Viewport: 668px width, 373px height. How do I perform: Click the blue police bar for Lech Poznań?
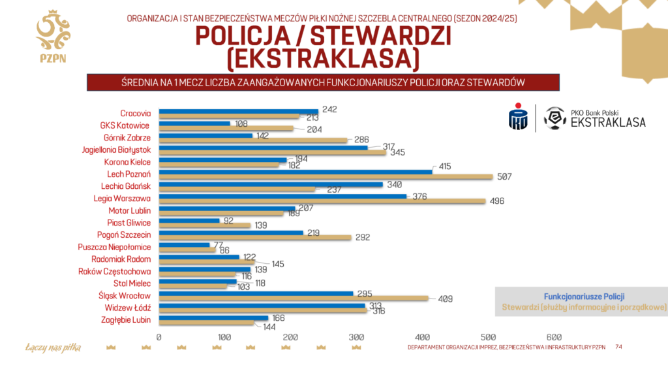pos(295,172)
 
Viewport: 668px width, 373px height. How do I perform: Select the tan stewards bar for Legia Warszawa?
pos(322,201)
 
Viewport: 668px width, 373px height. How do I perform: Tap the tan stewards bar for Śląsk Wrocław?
pos(294,298)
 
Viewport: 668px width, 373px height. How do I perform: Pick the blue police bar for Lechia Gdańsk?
pos(271,184)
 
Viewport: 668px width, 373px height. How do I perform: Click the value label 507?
pos(505,177)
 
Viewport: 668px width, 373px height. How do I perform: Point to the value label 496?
pos(498,201)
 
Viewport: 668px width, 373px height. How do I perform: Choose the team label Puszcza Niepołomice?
pos(123,247)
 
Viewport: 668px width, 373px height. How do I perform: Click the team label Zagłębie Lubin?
pos(128,319)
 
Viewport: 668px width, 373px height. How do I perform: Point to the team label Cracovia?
pos(136,113)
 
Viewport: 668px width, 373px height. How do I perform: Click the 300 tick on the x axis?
pos(356,337)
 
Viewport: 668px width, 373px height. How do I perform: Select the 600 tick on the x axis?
pos(554,337)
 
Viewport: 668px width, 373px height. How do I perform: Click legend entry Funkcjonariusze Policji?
pos(580,296)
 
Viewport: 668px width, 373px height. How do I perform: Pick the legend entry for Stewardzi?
pos(583,306)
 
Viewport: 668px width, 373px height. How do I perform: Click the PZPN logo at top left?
pos(53,37)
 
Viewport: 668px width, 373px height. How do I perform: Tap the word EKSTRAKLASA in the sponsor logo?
pos(608,122)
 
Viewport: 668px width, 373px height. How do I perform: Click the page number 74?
pos(618,346)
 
